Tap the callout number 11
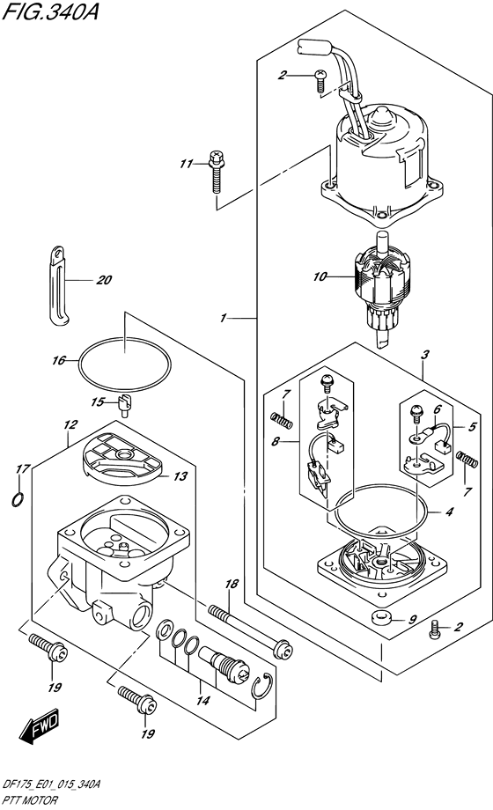(185, 164)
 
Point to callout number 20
(105, 282)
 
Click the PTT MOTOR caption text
(31, 802)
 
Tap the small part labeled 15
(124, 404)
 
